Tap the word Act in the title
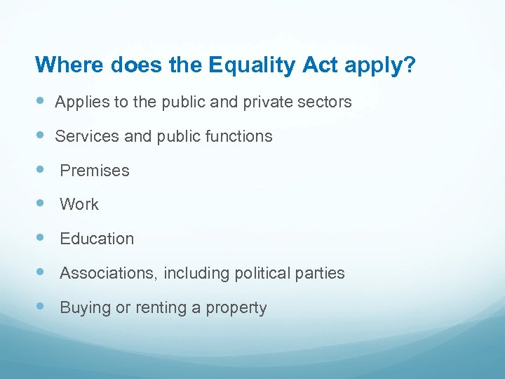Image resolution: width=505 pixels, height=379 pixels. [x=321, y=65]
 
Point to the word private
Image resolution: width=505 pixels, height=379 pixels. [x=269, y=102]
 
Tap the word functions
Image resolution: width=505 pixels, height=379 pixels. [x=237, y=136]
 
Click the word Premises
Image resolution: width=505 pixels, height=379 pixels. [x=95, y=171]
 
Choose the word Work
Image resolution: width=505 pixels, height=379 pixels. [x=79, y=205]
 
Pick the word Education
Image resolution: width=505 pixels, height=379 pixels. [x=97, y=239]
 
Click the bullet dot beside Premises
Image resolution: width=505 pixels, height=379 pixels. [x=40, y=170]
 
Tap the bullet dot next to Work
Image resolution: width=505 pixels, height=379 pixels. [x=40, y=204]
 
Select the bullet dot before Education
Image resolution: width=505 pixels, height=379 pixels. [x=40, y=238]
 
